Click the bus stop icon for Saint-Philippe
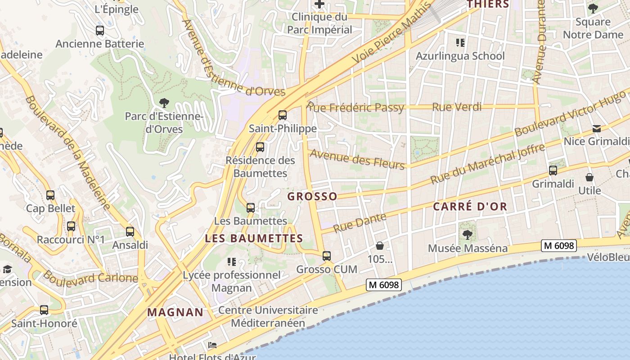(283, 115)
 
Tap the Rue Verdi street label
(457, 107)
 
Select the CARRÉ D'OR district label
(470, 207)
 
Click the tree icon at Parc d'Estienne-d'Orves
(164, 103)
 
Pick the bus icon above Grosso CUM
(327, 256)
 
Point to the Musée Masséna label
(468, 248)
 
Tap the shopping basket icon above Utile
(589, 177)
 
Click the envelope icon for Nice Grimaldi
(597, 129)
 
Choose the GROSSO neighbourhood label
(312, 197)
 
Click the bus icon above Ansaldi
(130, 232)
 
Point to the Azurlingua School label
(460, 56)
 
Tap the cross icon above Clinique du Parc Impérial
(319, 4)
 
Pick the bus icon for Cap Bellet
(50, 195)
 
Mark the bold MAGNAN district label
(175, 312)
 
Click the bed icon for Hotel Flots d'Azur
(212, 345)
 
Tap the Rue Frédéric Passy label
(355, 108)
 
